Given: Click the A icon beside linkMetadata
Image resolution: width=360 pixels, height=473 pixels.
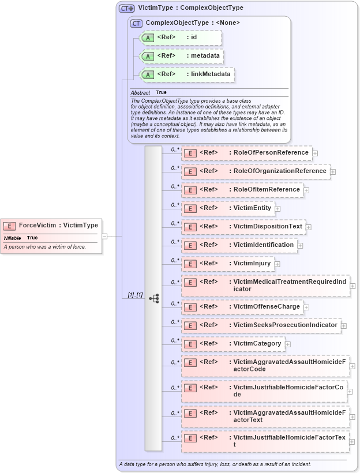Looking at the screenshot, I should click(x=148, y=74).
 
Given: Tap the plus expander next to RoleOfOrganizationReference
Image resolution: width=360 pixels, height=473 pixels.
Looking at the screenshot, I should click(x=333, y=172).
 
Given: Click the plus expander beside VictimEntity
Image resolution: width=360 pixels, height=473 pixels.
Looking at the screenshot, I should click(x=277, y=208).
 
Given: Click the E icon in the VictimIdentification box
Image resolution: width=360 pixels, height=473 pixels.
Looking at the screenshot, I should click(x=190, y=245).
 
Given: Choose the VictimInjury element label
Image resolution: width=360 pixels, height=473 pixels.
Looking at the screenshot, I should click(x=252, y=264).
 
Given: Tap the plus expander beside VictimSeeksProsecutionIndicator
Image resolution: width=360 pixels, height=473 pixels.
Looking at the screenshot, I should click(x=344, y=326).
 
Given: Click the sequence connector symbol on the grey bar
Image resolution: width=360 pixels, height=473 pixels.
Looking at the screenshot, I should click(x=153, y=298).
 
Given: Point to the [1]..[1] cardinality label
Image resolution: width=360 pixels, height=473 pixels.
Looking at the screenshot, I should click(x=136, y=295).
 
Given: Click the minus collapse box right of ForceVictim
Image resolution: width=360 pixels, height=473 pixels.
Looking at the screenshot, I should click(x=104, y=236).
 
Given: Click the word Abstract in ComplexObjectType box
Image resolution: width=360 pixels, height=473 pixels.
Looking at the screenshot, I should click(x=140, y=92).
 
